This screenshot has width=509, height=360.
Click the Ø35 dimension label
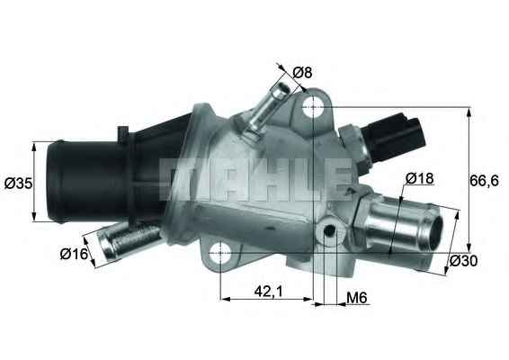tap(18, 184)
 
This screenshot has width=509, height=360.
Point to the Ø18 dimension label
tap(419, 178)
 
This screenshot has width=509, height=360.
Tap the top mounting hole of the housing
tap(312, 109)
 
